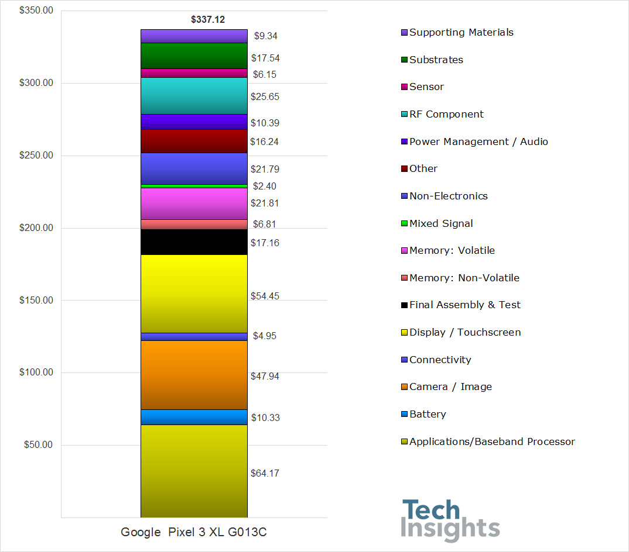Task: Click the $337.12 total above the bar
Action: pos(208,20)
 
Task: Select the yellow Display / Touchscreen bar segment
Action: pos(194,294)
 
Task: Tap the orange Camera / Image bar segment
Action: pos(194,375)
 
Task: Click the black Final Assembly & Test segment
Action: pos(194,241)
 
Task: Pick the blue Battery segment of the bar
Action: pos(194,417)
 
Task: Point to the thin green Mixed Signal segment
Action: pos(194,186)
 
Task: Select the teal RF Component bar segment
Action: pos(194,96)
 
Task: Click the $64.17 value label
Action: pos(265,473)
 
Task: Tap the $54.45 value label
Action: pos(265,296)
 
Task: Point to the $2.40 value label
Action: pos(265,187)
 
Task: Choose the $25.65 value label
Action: pos(265,97)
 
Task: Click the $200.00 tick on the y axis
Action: pos(36,228)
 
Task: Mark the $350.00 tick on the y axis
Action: pos(36,11)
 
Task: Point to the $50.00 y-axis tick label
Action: pos(38,445)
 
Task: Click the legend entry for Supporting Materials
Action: pos(461,32)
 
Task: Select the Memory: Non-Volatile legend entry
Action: pos(464,278)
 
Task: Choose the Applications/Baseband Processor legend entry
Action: pos(492,441)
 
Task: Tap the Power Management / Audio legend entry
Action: pos(478,142)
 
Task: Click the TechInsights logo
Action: pos(450,520)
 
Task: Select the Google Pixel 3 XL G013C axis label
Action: pos(194,533)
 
